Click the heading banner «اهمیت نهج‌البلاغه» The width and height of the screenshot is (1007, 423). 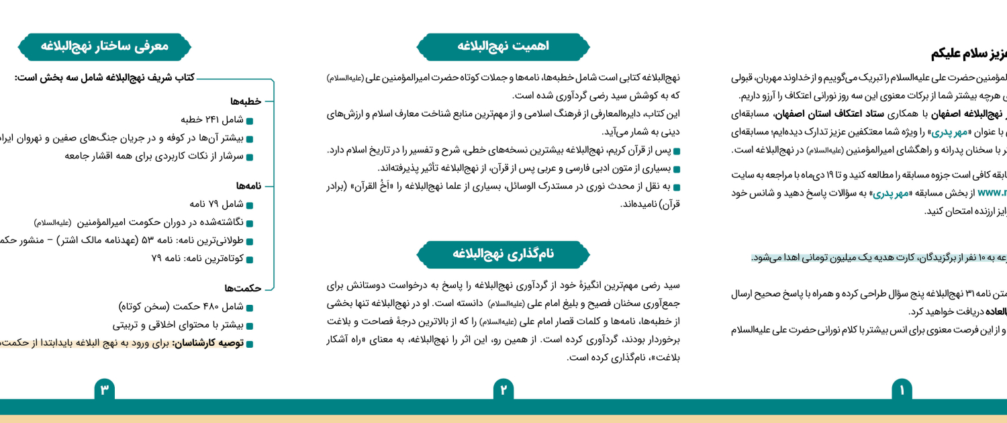coord(503,46)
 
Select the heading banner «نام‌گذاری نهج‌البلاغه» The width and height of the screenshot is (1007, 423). coord(503,254)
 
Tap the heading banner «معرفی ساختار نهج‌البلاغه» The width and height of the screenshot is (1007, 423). coord(104,46)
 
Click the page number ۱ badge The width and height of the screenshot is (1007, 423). coord(902,389)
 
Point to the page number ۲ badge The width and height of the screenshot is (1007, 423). coord(503,389)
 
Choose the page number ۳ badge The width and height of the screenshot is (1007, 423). coord(104,389)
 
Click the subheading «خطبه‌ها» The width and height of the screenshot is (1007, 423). coord(246,101)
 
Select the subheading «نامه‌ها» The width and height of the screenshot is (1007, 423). coord(248,186)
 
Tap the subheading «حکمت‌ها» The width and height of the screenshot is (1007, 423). coord(243,289)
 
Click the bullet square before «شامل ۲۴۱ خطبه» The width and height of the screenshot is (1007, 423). coord(250,121)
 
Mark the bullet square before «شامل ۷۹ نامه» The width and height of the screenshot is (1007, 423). coord(250,205)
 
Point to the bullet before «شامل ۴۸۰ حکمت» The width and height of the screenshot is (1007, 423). coord(250,308)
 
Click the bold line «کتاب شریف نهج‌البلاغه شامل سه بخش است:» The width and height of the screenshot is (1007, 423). coord(104,78)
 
